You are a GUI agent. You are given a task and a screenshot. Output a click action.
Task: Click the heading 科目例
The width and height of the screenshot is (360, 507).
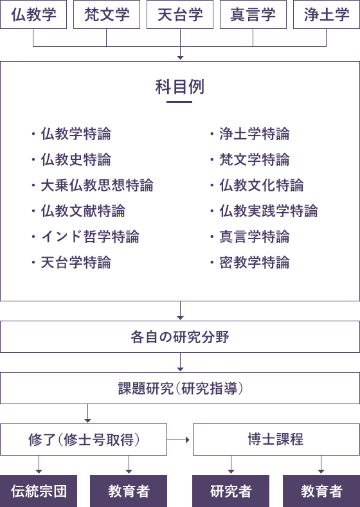pos(180,87)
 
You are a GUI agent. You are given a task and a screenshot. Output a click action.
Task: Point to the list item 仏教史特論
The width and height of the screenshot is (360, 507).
pos(76,160)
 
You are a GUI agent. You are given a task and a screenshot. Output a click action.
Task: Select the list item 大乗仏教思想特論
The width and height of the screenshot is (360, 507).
pos(97,185)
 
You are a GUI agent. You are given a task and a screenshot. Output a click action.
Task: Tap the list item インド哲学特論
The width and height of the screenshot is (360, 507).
pos(90,236)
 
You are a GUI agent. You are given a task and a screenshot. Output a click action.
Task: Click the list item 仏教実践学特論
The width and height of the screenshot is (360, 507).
pos(269,211)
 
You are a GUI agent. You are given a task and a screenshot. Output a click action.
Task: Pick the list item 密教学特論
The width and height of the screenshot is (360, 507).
pos(255,262)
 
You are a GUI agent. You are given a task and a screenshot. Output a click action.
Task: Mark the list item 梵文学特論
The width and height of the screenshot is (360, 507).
pos(255,160)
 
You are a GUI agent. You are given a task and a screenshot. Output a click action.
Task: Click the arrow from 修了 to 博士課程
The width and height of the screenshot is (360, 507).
pos(178,440)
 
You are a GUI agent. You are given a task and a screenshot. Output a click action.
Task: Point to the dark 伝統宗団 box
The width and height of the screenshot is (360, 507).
pos(39,491)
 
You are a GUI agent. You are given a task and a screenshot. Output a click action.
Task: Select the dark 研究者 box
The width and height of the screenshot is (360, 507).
pos(231,491)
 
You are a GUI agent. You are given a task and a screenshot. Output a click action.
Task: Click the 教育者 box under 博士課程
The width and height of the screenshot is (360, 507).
pos(321,491)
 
